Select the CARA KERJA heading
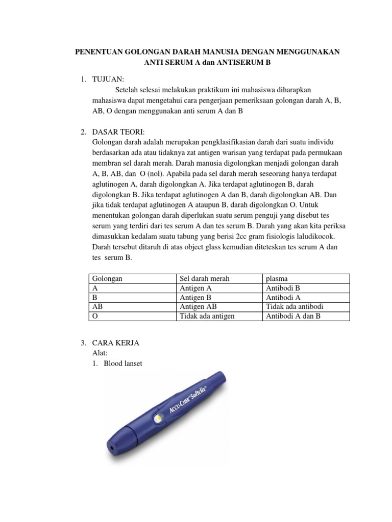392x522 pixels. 115,343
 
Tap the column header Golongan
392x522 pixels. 108,279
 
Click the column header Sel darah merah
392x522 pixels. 205,279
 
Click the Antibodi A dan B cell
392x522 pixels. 293,316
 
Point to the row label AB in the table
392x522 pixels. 97,306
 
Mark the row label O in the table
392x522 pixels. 94,316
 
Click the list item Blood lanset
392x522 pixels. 123,363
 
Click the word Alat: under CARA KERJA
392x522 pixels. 100,353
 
